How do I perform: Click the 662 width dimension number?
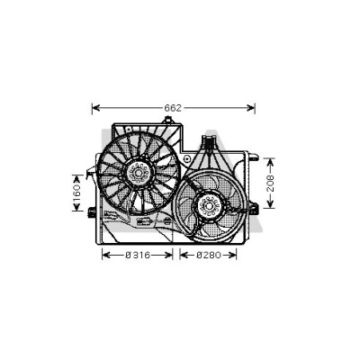[173, 108]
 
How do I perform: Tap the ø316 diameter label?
[138, 256]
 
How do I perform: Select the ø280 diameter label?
[209, 256]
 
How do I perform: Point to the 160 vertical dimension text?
[77, 193]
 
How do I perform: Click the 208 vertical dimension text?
[271, 184]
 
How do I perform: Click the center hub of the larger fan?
[138, 173]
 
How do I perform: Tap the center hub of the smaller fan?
[209, 206]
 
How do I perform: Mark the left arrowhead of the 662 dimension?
[95, 108]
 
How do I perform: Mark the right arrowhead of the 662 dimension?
[251, 108]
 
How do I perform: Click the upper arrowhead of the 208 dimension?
[271, 162]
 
